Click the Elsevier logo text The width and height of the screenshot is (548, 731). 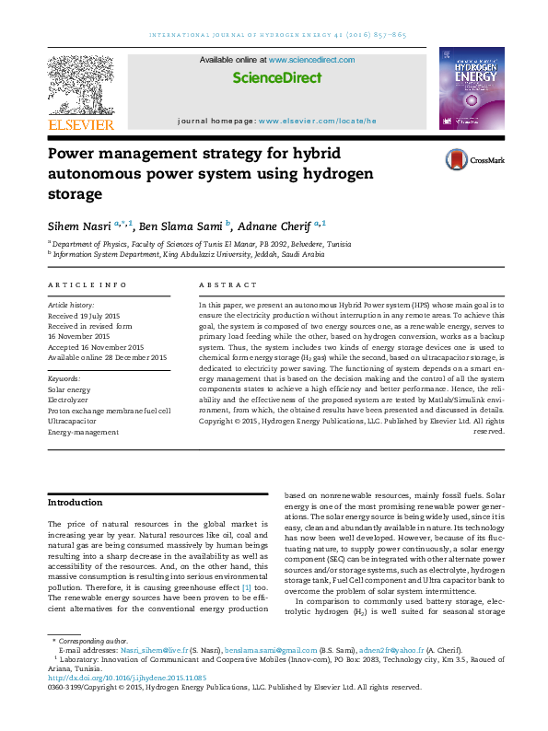pos(81,124)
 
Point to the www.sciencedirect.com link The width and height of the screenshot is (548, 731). pos(311,60)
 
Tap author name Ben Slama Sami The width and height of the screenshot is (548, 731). pos(181,225)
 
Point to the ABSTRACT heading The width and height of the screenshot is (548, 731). pos(225,286)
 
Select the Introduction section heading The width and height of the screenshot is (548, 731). pos(75,503)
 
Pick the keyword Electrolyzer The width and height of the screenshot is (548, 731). pos(68,400)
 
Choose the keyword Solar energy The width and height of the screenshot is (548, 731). pos(69,390)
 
